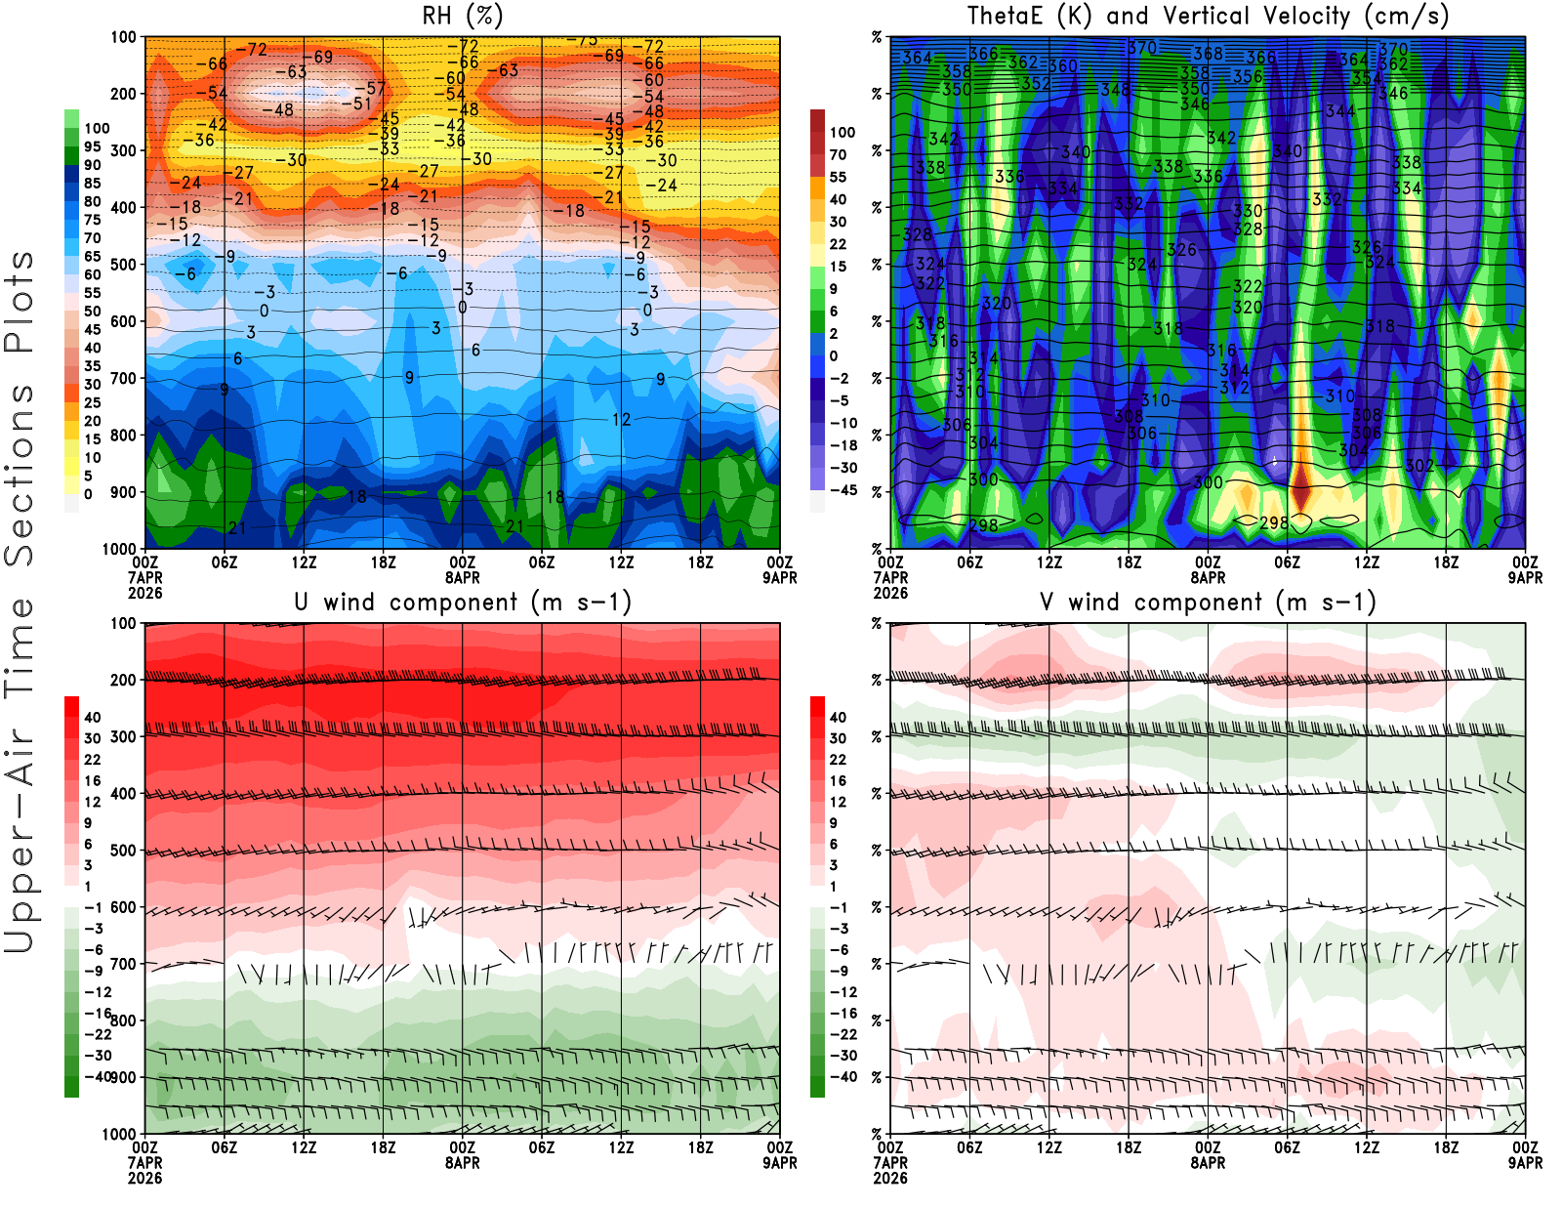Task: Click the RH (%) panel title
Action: [463, 16]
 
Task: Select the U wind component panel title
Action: [463, 603]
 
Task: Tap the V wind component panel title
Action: [1208, 603]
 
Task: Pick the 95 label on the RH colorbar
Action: [93, 146]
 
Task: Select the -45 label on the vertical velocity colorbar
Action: [843, 490]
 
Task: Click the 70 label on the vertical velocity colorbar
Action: [838, 154]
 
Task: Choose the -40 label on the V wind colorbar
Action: [843, 1077]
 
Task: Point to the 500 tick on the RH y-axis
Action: [123, 265]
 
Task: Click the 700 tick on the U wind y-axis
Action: [123, 964]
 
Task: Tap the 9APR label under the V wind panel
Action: [1525, 1163]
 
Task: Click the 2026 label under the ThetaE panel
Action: [890, 593]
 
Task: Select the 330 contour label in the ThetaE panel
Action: [1247, 211]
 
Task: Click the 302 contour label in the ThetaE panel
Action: [1418, 466]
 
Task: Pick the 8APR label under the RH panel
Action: [463, 577]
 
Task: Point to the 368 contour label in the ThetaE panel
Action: [1208, 55]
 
